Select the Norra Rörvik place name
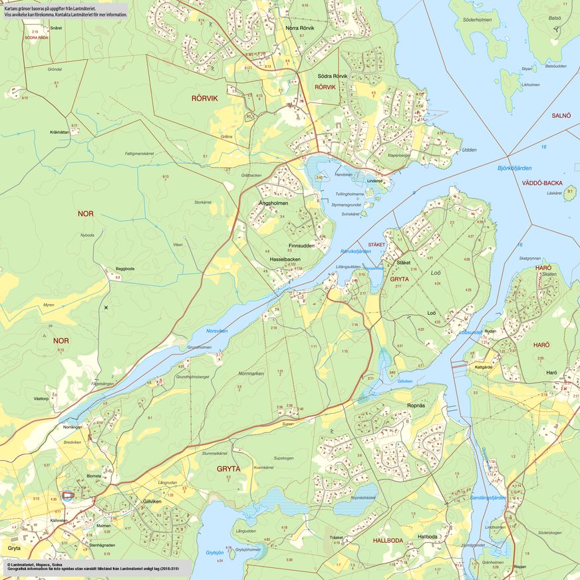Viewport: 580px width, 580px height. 299,28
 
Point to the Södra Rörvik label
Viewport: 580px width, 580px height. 332,76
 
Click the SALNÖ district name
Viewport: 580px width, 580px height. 561,116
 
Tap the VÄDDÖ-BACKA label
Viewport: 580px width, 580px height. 542,182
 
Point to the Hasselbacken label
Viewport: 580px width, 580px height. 285,259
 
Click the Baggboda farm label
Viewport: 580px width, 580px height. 125,269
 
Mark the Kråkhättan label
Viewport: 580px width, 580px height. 59,132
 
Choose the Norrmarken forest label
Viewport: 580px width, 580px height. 251,374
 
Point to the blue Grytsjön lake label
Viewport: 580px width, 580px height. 214,553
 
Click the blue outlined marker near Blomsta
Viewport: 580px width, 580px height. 67,495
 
